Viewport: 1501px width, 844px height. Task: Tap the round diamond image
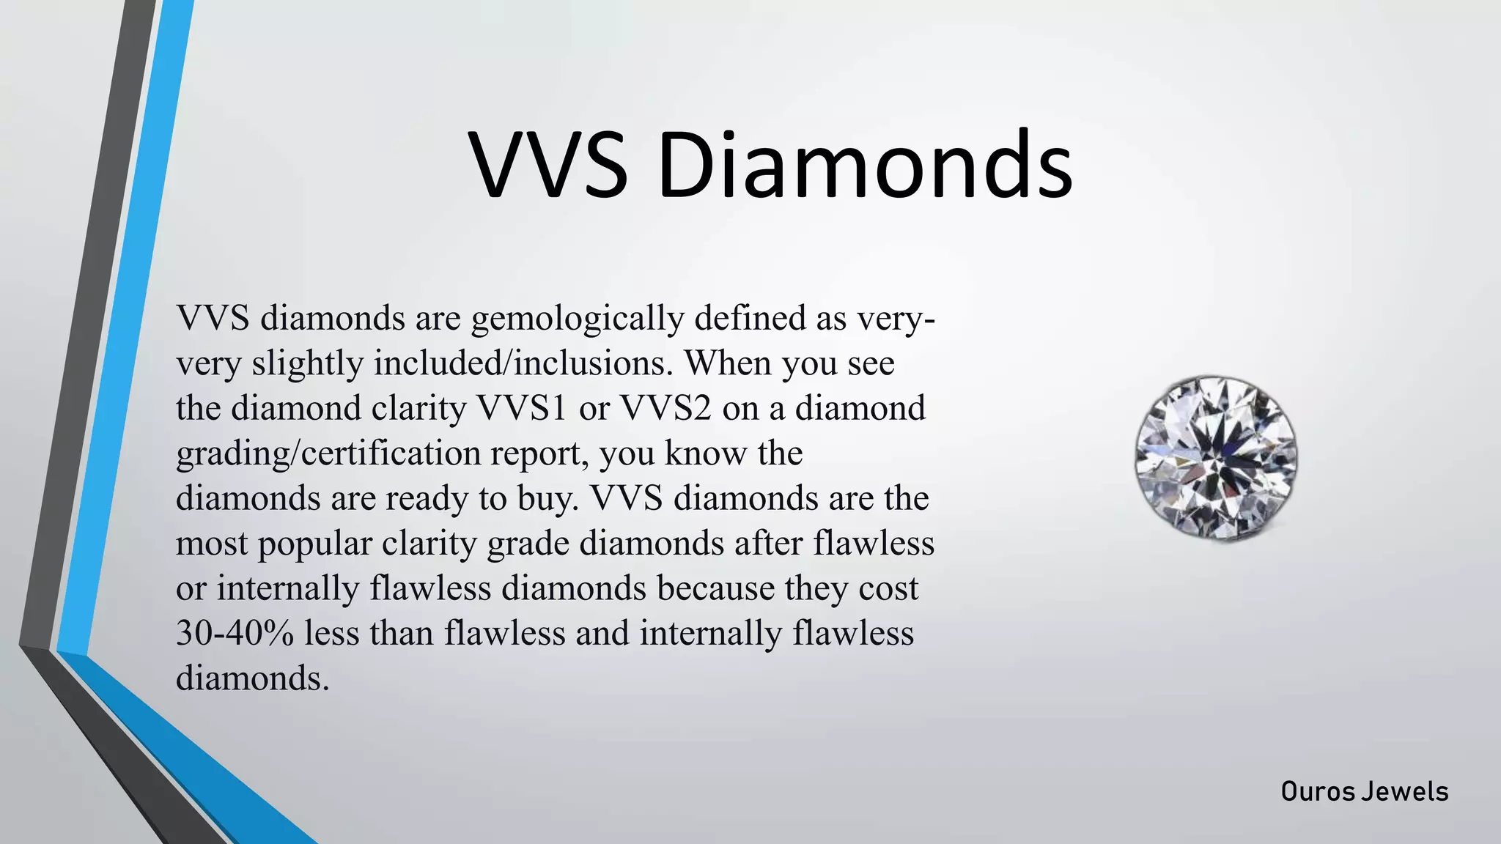click(x=1216, y=458)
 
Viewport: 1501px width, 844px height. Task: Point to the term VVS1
click(x=522, y=409)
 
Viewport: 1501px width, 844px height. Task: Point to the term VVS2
click(x=666, y=409)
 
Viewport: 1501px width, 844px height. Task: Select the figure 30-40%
click(x=235, y=633)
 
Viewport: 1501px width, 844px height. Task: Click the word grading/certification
click(x=328, y=454)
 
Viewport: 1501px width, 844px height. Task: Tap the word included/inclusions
click(x=523, y=364)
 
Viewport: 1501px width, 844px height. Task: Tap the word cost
click(x=888, y=588)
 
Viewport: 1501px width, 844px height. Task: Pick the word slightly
click(x=307, y=364)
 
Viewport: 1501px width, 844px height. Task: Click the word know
click(x=706, y=454)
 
